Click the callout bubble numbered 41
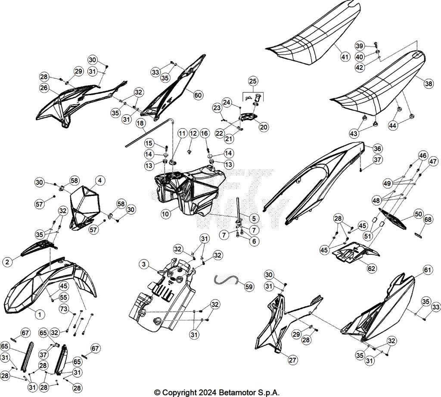345,57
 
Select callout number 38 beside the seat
429,84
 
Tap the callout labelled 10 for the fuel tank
165,214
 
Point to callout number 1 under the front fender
40,314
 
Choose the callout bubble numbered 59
249,287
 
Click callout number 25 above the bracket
253,81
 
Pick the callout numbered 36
377,149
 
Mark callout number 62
372,269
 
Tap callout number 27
293,360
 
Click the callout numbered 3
144,264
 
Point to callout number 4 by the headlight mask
100,180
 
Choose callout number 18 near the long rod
140,123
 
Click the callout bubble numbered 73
64,309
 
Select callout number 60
198,95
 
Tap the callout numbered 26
44,88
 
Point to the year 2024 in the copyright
208,393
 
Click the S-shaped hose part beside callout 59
227,279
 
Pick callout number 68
428,219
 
